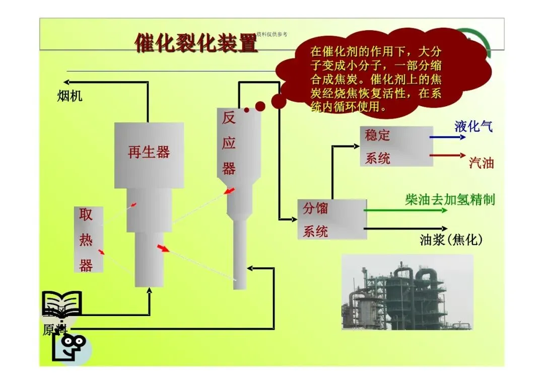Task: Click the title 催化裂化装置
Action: point(196,44)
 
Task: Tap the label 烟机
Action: point(70,96)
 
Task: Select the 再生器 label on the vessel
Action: point(149,152)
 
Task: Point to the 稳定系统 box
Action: point(396,146)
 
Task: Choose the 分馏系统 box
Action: point(332,219)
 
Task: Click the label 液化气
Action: point(473,126)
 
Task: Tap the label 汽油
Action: point(481,163)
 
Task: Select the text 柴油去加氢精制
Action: point(450,200)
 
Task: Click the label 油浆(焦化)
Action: point(451,240)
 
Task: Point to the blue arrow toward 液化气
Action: point(447,136)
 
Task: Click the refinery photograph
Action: point(407,292)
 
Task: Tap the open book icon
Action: point(61,303)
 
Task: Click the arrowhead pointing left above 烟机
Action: point(66,82)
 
